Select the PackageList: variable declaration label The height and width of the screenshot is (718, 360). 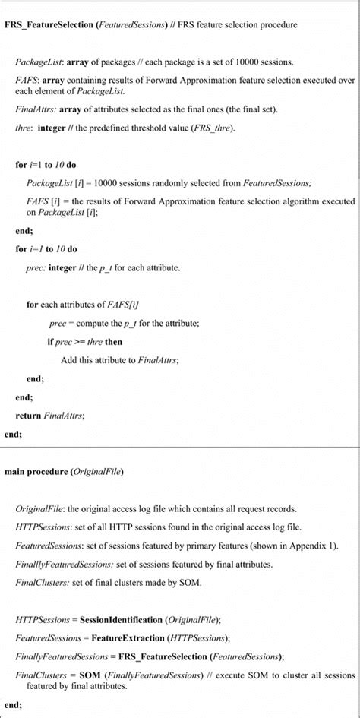pyautogui.click(x=39, y=61)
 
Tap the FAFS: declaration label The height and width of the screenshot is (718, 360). pyautogui.click(x=27, y=79)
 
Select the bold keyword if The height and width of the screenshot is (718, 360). pyautogui.click(x=50, y=342)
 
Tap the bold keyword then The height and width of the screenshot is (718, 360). pyautogui.click(x=114, y=342)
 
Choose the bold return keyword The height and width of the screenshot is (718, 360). pyautogui.click(x=28, y=416)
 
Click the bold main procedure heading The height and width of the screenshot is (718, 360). pyautogui.click(x=36, y=472)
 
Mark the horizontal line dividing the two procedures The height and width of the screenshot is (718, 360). pyautogui.click(x=180, y=448)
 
